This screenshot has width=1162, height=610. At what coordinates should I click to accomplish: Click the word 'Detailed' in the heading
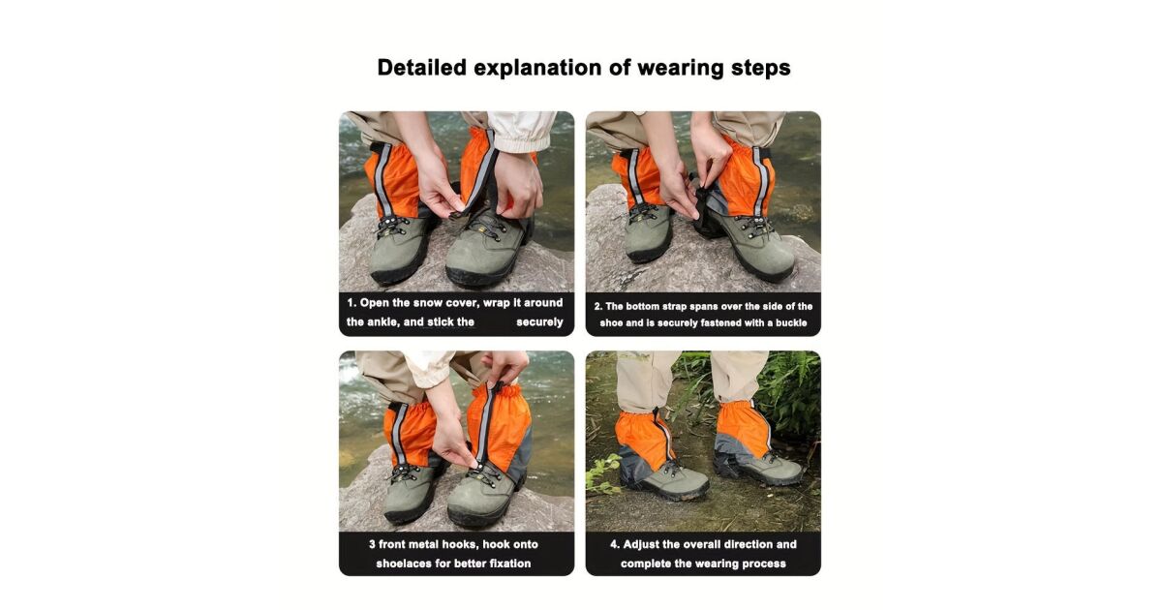pyautogui.click(x=422, y=68)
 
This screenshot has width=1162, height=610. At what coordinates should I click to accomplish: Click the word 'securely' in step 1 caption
pyautogui.click(x=539, y=322)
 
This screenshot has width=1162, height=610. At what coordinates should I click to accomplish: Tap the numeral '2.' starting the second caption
pyautogui.click(x=598, y=307)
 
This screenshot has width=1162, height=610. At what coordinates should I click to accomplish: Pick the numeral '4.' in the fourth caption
pyautogui.click(x=615, y=544)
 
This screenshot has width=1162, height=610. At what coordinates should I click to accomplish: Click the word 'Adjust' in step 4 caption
pyautogui.click(x=641, y=545)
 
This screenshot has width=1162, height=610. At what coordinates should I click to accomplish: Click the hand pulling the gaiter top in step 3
pyautogui.click(x=505, y=367)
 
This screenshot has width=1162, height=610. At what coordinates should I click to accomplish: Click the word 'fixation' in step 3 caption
pyautogui.click(x=509, y=564)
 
